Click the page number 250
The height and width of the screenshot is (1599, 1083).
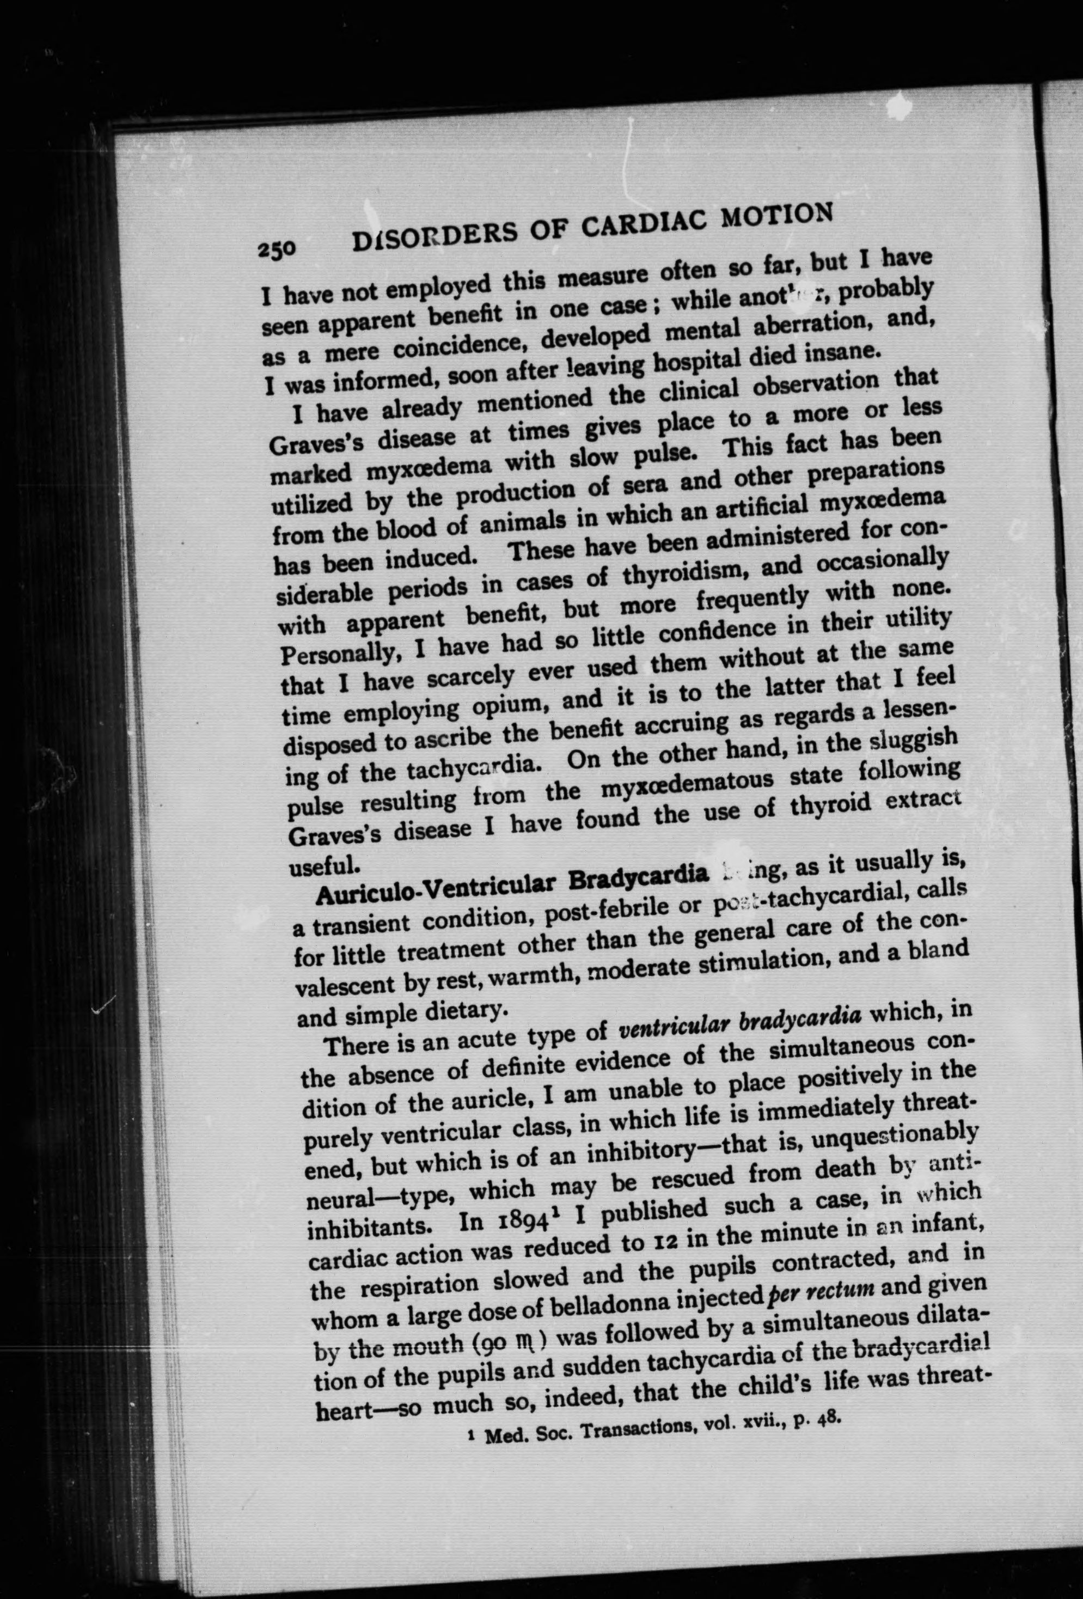277,249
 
